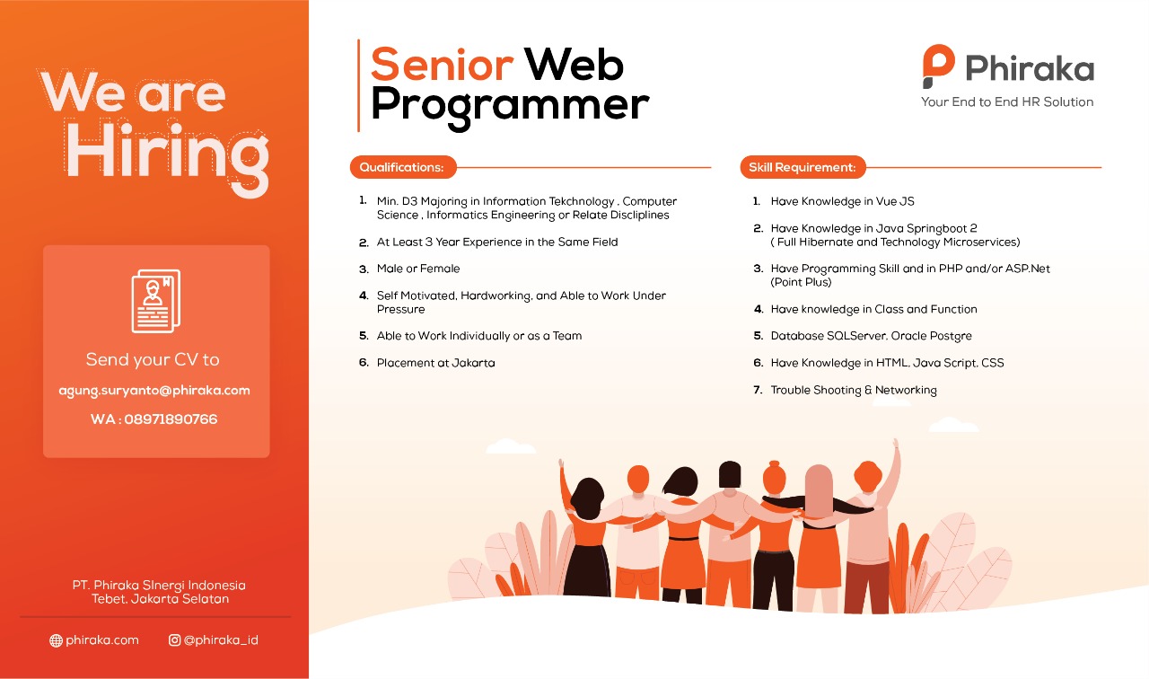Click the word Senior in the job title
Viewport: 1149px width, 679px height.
[x=442, y=65]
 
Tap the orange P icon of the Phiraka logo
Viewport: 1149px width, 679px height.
[x=938, y=66]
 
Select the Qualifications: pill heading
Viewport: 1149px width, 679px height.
[x=403, y=167]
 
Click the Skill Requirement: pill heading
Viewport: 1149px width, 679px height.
[x=803, y=167]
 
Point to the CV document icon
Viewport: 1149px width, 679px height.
[x=156, y=301]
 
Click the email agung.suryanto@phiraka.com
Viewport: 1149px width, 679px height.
[x=154, y=391]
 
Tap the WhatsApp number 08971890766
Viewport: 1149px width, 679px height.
[x=171, y=419]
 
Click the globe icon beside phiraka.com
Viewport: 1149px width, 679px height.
[x=56, y=640]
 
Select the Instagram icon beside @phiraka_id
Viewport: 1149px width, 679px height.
[x=174, y=640]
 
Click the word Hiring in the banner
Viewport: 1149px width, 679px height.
[x=168, y=153]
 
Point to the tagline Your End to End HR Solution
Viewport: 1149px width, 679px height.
[x=1007, y=101]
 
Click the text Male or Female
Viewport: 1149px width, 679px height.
[x=418, y=269]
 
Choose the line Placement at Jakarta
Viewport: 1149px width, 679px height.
[x=435, y=363]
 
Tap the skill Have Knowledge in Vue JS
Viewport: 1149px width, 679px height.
[x=842, y=201]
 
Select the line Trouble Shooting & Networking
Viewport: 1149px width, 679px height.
[x=854, y=390]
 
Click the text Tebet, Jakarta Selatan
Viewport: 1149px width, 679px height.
[x=160, y=599]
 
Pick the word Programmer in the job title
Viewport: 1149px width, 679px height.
[x=510, y=106]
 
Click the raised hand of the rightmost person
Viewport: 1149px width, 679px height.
[x=896, y=445]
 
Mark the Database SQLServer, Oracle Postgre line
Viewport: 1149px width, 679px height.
[x=871, y=336]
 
